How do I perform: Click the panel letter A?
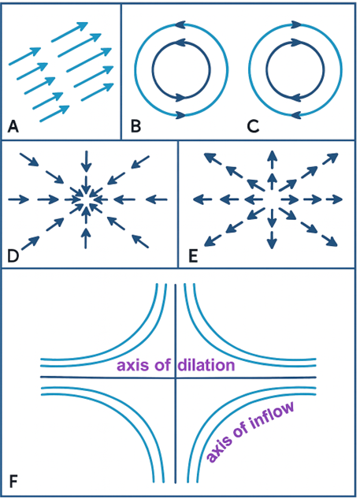[13, 126]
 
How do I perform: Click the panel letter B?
[135, 126]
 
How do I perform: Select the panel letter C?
[253, 126]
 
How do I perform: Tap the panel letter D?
[13, 256]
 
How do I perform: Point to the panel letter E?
[193, 256]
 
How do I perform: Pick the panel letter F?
[13, 482]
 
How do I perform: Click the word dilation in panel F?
[206, 365]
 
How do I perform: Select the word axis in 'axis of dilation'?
[133, 365]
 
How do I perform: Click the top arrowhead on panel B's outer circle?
[180, 24]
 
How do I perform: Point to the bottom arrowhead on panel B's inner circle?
[180, 97]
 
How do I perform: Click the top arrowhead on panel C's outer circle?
[296, 24]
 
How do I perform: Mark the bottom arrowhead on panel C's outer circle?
[296, 114]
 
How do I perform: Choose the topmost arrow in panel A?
[69, 32]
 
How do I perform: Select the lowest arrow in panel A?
[54, 114]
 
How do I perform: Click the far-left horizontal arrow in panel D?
[18, 199]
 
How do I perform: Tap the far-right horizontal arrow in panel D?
[157, 199]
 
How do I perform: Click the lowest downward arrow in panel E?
[272, 240]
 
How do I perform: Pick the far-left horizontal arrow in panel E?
[203, 199]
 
